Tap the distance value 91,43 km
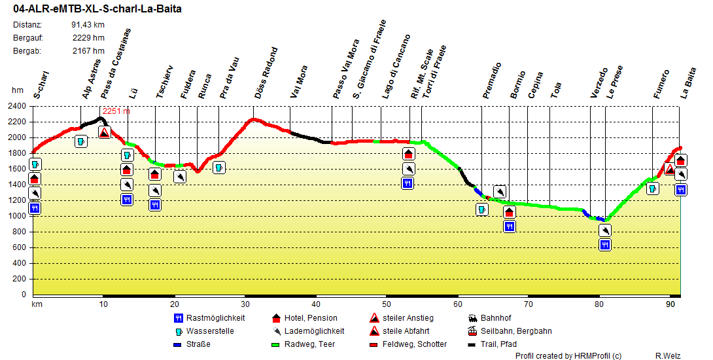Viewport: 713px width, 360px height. tap(88, 25)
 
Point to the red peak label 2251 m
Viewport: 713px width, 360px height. tap(116, 111)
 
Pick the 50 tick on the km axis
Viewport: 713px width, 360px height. tap(386, 304)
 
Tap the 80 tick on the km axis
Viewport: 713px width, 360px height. tap(599, 304)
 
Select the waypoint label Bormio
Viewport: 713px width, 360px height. tap(518, 84)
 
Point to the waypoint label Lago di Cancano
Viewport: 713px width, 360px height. tap(396, 67)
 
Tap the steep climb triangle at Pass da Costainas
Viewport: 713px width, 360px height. tap(104, 133)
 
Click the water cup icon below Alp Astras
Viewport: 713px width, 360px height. tap(81, 141)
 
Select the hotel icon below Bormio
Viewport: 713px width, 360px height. tap(510, 212)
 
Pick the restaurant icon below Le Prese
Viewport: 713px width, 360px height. tap(605, 245)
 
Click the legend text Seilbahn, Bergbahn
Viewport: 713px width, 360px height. tap(515, 331)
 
